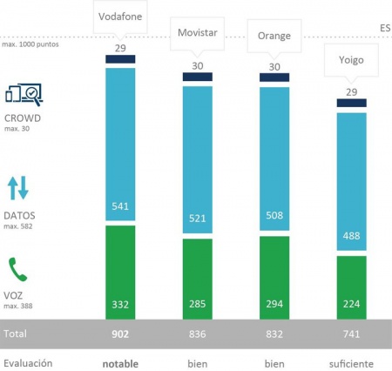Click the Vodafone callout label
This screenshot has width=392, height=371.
click(119, 15)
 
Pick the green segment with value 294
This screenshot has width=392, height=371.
click(274, 279)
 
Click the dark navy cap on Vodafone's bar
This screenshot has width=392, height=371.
click(119, 59)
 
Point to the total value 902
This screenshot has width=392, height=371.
click(119, 334)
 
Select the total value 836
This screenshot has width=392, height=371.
click(196, 334)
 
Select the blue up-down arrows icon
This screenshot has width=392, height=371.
click(18, 187)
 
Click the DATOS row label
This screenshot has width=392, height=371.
click(21, 214)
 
